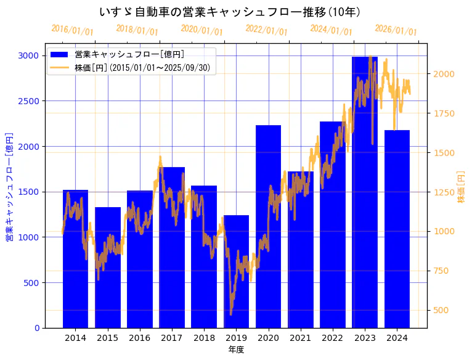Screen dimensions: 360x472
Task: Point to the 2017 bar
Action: pyautogui.click(x=172, y=247)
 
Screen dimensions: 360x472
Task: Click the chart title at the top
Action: pyautogui.click(x=230, y=12)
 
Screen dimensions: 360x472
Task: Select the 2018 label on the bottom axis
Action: pyautogui.click(x=204, y=338)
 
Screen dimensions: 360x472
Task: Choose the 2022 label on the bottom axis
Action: pyautogui.click(x=333, y=338)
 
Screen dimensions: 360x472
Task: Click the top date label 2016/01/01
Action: pyautogui.click(x=72, y=30)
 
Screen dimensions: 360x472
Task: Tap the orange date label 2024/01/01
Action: pyautogui.click(x=331, y=30)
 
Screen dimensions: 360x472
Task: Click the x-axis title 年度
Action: pyautogui.click(x=236, y=350)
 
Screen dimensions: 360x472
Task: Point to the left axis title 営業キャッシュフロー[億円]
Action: pyautogui.click(x=9, y=187)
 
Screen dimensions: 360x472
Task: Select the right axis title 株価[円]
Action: pyautogui.click(x=461, y=187)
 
